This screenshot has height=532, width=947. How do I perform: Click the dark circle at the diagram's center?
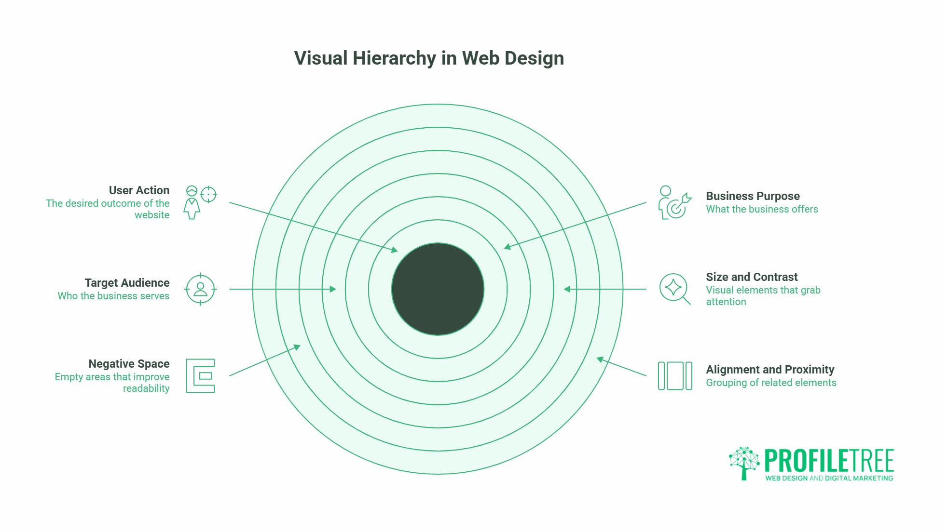click(438, 289)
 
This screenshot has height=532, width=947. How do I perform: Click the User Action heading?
click(139, 190)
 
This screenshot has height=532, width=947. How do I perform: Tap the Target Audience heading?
click(127, 283)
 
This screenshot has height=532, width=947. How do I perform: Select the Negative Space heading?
click(129, 364)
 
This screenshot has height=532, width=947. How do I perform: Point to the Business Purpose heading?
click(753, 196)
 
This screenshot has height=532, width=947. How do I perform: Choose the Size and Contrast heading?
click(752, 277)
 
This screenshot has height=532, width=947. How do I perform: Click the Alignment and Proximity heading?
click(770, 370)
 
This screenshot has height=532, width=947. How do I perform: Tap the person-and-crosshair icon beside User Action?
click(200, 202)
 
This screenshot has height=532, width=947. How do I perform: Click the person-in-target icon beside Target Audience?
click(200, 289)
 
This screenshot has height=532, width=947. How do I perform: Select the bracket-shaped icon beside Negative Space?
click(200, 376)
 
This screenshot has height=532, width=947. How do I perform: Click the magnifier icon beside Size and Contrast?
click(674, 289)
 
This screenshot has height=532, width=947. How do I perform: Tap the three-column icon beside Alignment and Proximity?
click(675, 376)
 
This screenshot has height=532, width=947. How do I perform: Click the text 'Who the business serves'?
click(113, 296)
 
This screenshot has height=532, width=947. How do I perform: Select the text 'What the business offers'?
click(762, 209)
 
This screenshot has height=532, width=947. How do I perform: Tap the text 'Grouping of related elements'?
click(771, 383)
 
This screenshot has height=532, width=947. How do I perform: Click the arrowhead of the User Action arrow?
click(395, 250)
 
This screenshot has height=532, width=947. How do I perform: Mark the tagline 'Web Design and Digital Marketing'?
click(829, 479)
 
